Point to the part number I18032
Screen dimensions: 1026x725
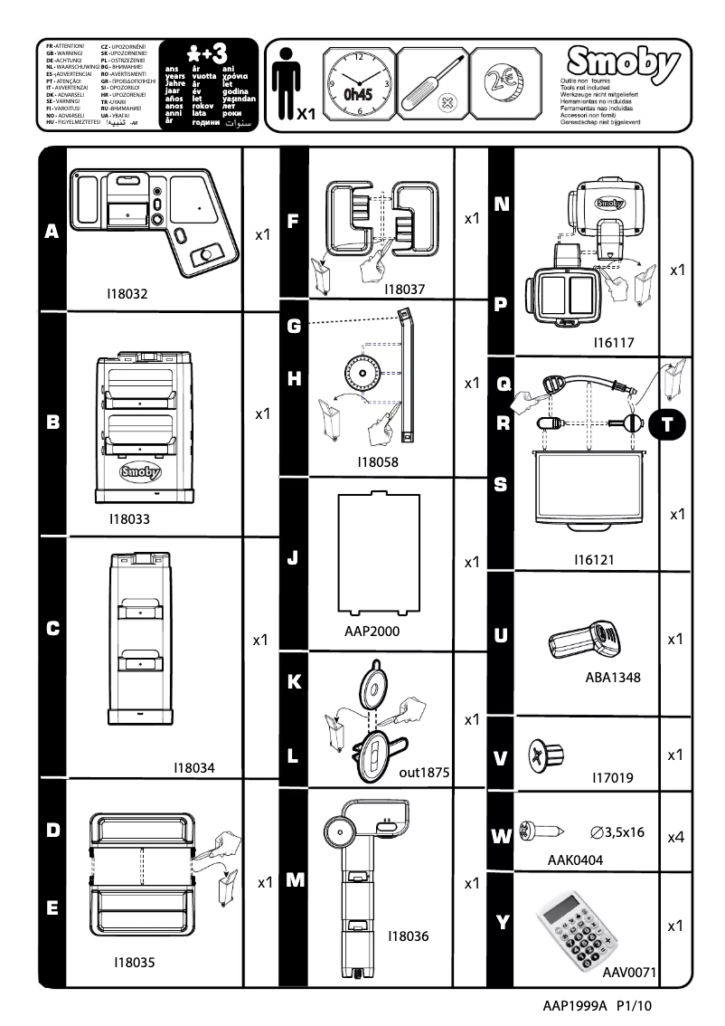127,294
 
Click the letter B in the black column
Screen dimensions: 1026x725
52,421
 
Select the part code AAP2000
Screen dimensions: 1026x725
372,631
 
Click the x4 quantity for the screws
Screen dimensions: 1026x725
674,838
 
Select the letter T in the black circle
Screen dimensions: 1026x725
667,422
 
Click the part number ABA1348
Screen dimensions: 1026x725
612,676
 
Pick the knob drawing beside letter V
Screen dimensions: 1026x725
548,753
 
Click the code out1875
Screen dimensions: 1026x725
424,774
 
